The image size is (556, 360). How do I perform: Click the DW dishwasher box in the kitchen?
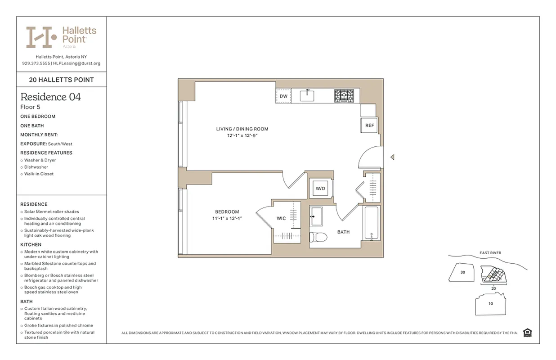(283, 96)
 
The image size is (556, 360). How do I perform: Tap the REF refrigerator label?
(369, 126)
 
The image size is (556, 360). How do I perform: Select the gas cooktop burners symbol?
(344, 96)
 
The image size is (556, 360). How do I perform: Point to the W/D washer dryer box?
(320, 189)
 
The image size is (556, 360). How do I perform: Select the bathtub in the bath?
(372, 223)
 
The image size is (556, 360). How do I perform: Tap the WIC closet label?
(281, 219)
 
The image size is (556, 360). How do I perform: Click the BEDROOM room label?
(227, 212)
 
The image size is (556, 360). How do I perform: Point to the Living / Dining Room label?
(242, 129)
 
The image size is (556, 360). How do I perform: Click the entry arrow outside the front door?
(392, 157)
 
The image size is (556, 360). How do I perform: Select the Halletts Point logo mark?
(41, 37)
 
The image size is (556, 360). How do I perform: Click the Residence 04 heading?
(50, 97)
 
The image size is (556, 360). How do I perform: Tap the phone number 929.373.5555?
(36, 63)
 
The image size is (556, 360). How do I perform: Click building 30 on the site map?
(462, 272)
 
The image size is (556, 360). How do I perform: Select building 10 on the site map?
(490, 304)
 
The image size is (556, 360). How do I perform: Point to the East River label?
(490, 253)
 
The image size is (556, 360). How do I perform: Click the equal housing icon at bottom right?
(528, 333)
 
